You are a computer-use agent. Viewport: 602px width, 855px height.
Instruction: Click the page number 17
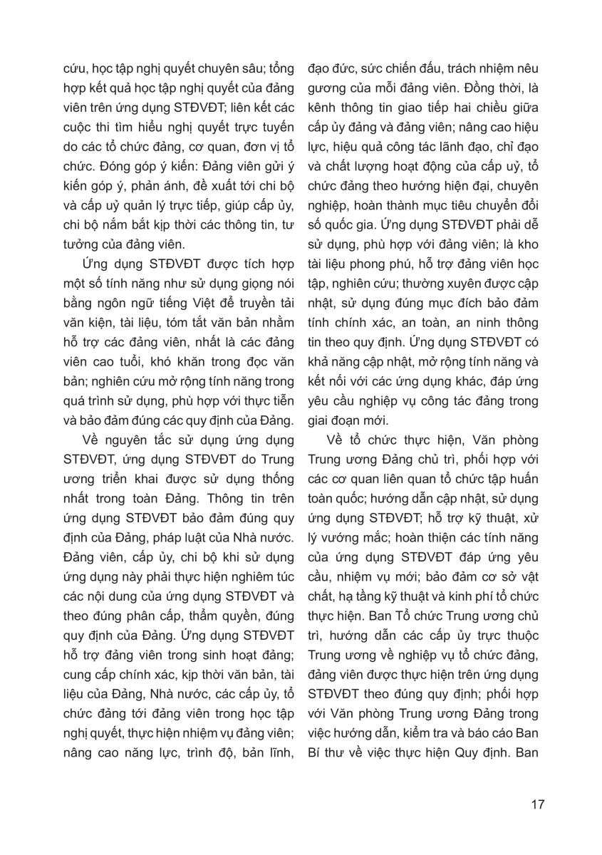tap(538, 804)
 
